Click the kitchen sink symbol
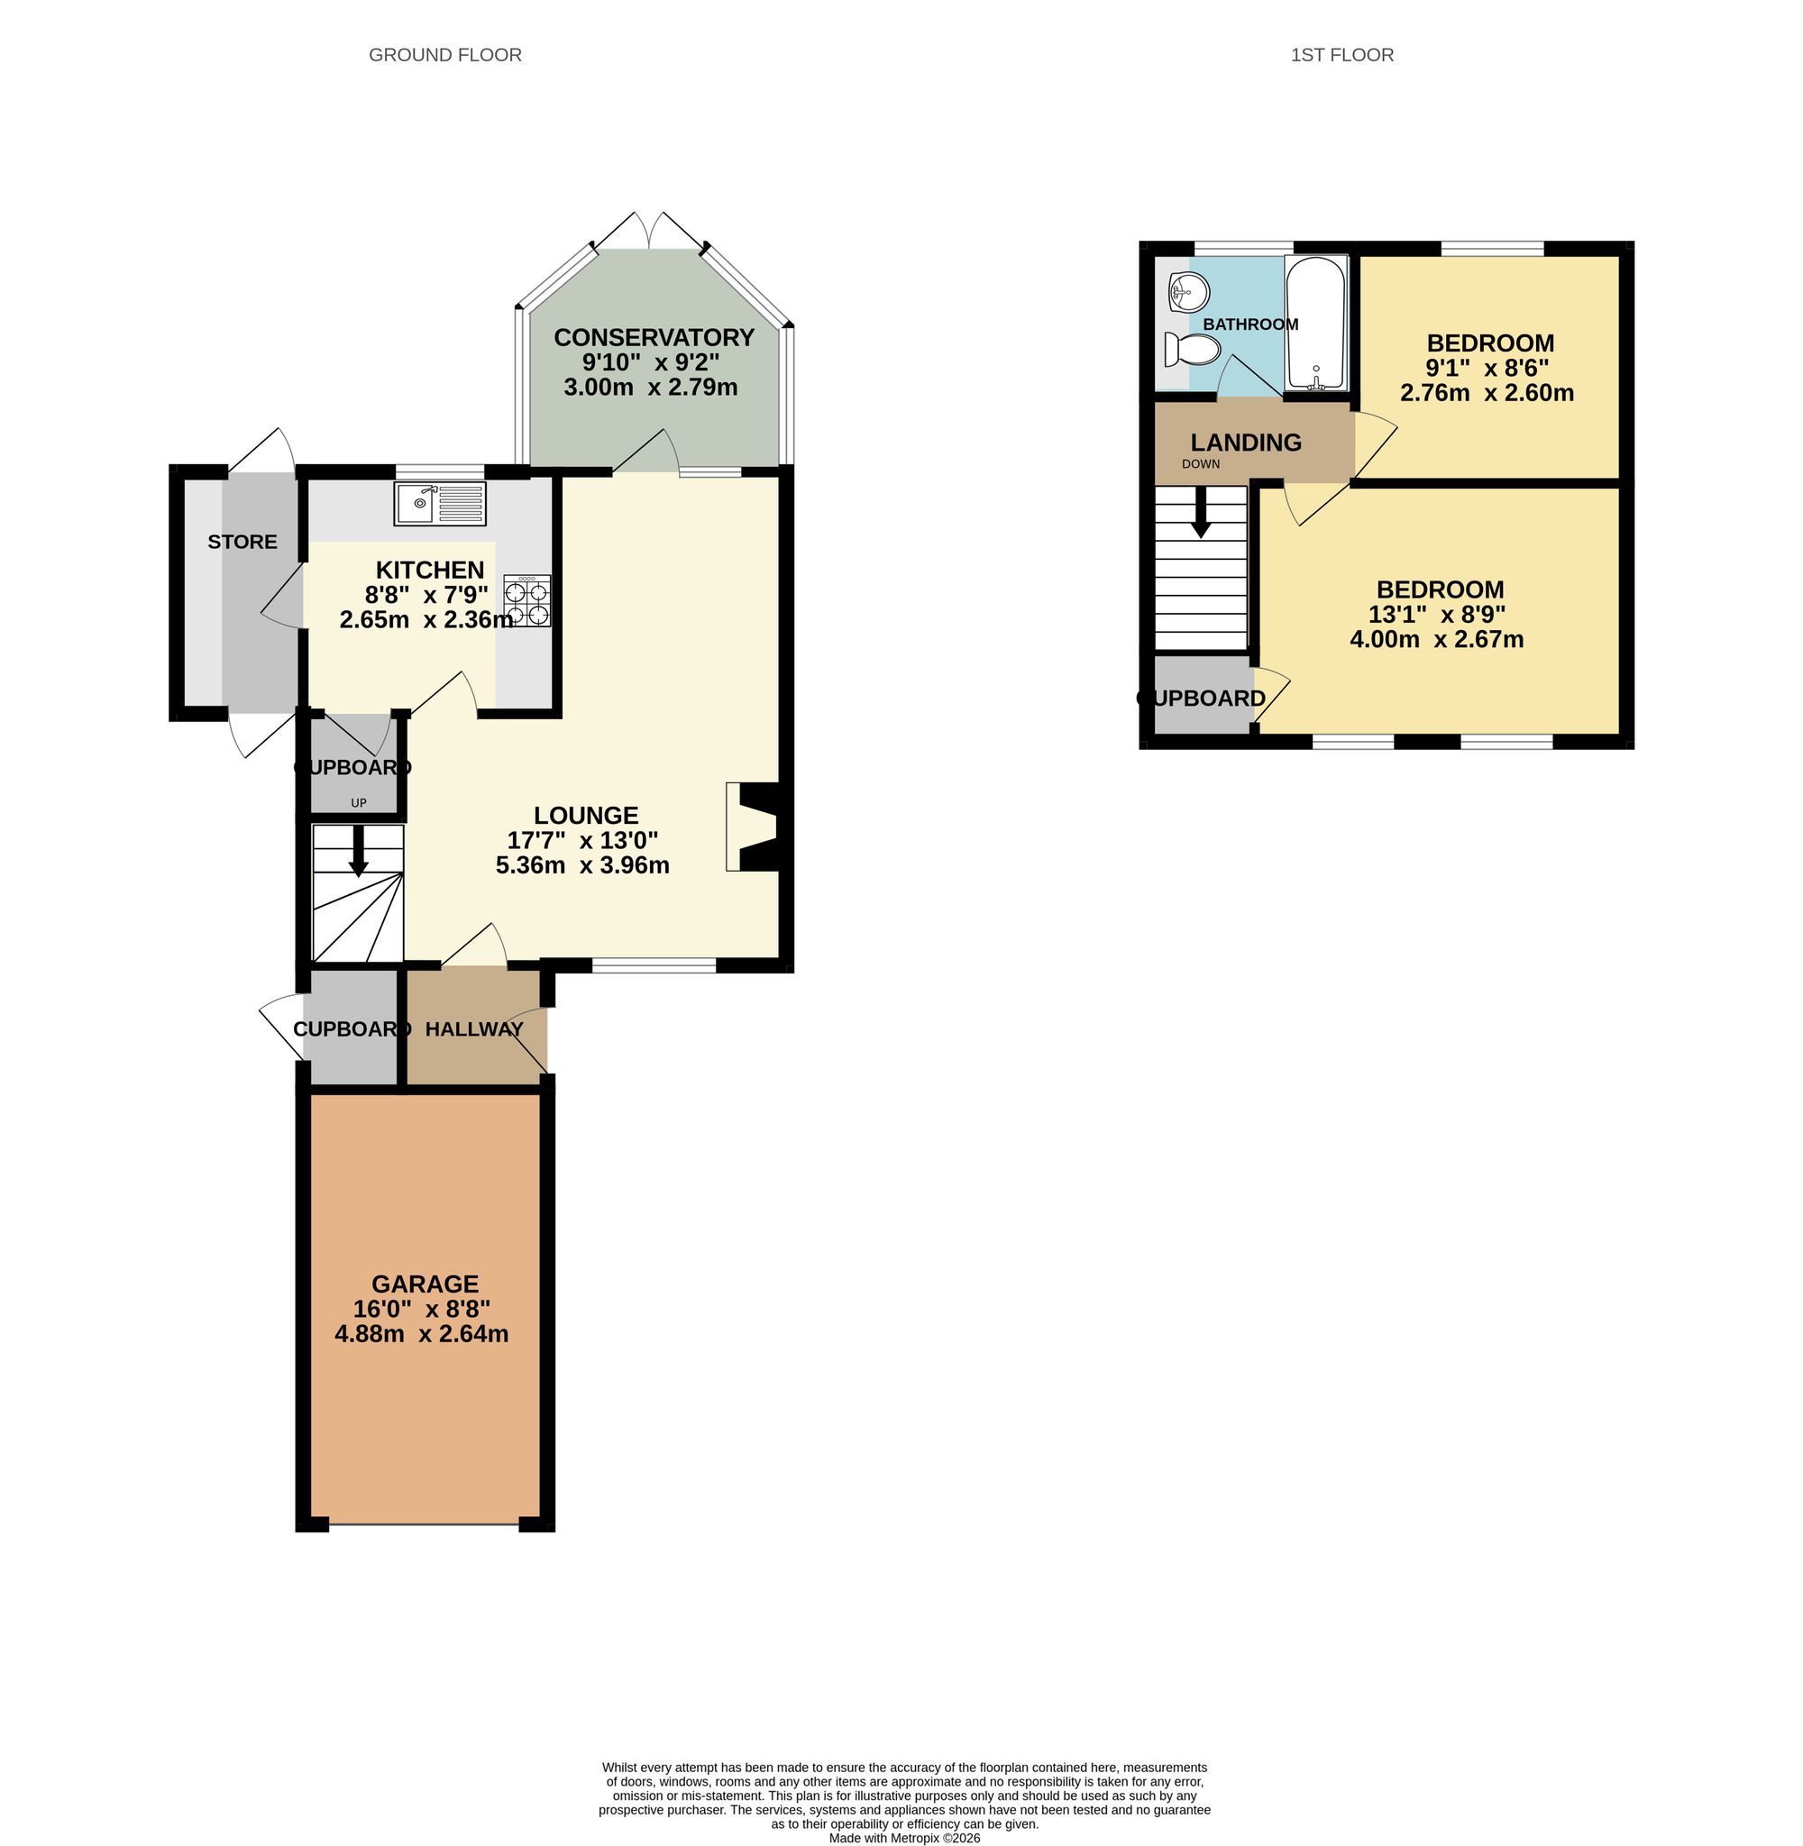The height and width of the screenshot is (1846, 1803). (439, 504)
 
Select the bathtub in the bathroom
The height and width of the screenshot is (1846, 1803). (1315, 324)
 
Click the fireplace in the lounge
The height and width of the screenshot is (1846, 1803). (754, 827)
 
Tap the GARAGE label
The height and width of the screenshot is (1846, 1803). (425, 1284)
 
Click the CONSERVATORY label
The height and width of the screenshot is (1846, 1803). (654, 337)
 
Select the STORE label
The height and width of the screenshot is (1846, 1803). (243, 542)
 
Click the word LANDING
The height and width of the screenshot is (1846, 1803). (1245, 442)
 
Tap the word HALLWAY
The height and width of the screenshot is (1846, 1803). (473, 1029)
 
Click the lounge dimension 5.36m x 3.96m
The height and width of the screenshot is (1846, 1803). (582, 864)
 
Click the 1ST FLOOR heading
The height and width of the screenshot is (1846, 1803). (1341, 55)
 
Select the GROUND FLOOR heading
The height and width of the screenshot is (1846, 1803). (445, 55)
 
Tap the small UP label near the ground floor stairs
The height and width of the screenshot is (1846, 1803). (359, 803)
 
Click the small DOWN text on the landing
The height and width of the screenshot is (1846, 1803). (1201, 464)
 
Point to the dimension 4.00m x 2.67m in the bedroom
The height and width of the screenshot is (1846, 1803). (1436, 639)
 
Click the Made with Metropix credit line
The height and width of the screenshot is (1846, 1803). (904, 1838)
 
